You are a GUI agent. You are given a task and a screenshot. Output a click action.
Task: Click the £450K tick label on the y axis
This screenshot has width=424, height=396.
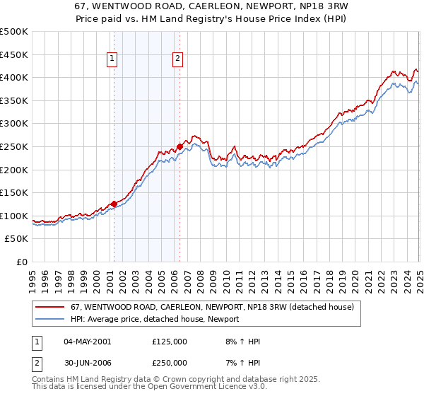14,54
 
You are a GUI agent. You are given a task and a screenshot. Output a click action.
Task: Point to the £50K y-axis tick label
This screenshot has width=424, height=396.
17,239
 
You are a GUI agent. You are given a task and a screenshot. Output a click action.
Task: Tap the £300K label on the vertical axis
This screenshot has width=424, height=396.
14,124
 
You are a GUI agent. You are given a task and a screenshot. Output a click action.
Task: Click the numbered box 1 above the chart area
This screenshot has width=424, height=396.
113,59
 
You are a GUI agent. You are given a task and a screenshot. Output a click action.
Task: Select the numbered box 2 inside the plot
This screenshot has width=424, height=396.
177,59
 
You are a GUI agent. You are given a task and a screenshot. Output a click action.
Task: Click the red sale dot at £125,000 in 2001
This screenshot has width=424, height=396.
114,204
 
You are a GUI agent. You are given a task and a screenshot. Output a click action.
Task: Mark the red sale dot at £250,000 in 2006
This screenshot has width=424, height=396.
179,146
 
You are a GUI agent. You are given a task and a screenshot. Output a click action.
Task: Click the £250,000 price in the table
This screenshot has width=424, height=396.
170,362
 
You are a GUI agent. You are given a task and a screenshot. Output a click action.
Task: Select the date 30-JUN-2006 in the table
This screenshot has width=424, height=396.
87,362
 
